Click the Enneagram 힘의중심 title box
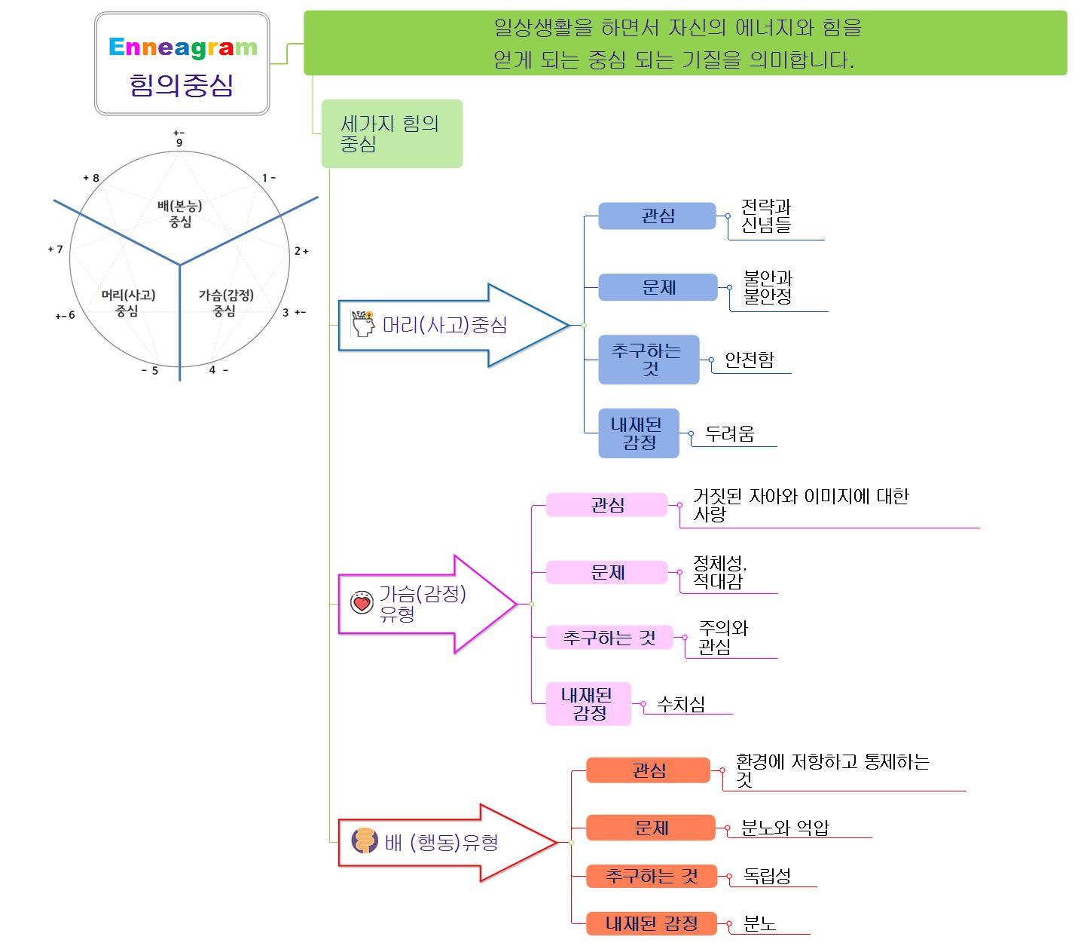point(182,64)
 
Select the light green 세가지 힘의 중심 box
point(391,133)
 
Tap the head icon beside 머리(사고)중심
point(363,323)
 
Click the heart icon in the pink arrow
point(362,602)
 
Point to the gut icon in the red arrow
point(365,840)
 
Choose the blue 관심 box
point(657,216)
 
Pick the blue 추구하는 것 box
point(648,360)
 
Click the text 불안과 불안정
point(768,287)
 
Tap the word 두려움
point(729,434)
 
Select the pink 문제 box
point(606,572)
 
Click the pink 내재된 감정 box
point(588,704)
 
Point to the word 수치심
point(681,704)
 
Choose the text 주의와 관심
point(722,638)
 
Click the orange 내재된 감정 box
point(651,923)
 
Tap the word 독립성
point(767,876)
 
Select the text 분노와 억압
point(784,828)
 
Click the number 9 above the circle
point(179,142)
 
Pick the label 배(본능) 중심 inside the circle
point(180,213)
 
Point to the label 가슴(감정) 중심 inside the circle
point(225,302)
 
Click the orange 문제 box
point(651,828)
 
